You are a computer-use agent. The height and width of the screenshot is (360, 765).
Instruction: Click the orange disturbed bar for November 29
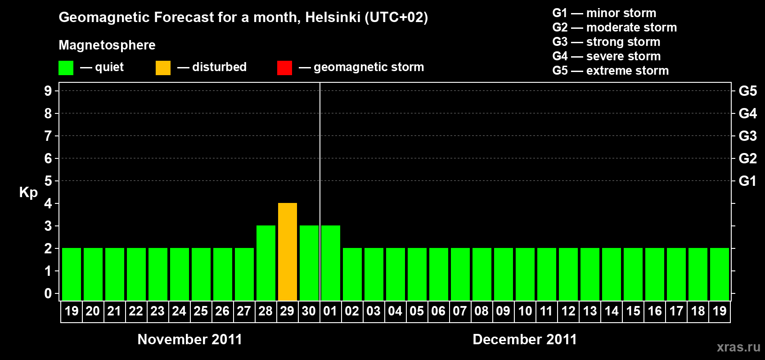(x=288, y=252)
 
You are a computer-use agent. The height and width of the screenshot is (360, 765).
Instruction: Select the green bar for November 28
(x=266, y=263)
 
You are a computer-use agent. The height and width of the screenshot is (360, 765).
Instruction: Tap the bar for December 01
(x=331, y=263)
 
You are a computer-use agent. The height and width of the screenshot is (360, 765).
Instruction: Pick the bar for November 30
(x=309, y=263)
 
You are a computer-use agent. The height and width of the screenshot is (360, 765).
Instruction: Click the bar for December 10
(x=525, y=274)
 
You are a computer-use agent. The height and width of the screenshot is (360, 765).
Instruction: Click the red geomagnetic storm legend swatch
(x=284, y=68)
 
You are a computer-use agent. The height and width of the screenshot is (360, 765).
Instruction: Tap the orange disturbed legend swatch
(x=163, y=68)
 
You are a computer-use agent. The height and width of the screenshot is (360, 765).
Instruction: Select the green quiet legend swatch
(x=66, y=68)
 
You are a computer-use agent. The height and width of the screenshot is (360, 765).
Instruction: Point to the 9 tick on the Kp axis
(x=48, y=91)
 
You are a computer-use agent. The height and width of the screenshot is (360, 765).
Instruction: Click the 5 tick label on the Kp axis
(x=48, y=181)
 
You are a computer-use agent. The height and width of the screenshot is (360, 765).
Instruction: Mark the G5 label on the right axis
(x=747, y=91)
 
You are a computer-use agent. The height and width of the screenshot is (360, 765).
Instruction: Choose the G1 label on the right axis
(x=747, y=181)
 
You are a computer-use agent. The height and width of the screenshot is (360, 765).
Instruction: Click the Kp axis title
(x=28, y=193)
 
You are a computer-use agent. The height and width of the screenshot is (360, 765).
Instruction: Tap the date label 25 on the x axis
(x=201, y=311)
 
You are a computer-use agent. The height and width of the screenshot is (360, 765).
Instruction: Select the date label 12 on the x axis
(x=568, y=311)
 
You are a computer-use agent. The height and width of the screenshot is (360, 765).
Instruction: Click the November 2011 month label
(x=189, y=339)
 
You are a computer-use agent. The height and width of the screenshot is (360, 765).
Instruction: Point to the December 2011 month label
(x=525, y=339)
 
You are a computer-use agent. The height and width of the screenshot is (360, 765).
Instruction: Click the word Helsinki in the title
(x=333, y=18)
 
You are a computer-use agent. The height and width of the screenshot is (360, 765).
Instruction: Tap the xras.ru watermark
(x=738, y=347)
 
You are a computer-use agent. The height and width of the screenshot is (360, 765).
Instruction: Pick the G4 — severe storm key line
(x=606, y=56)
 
